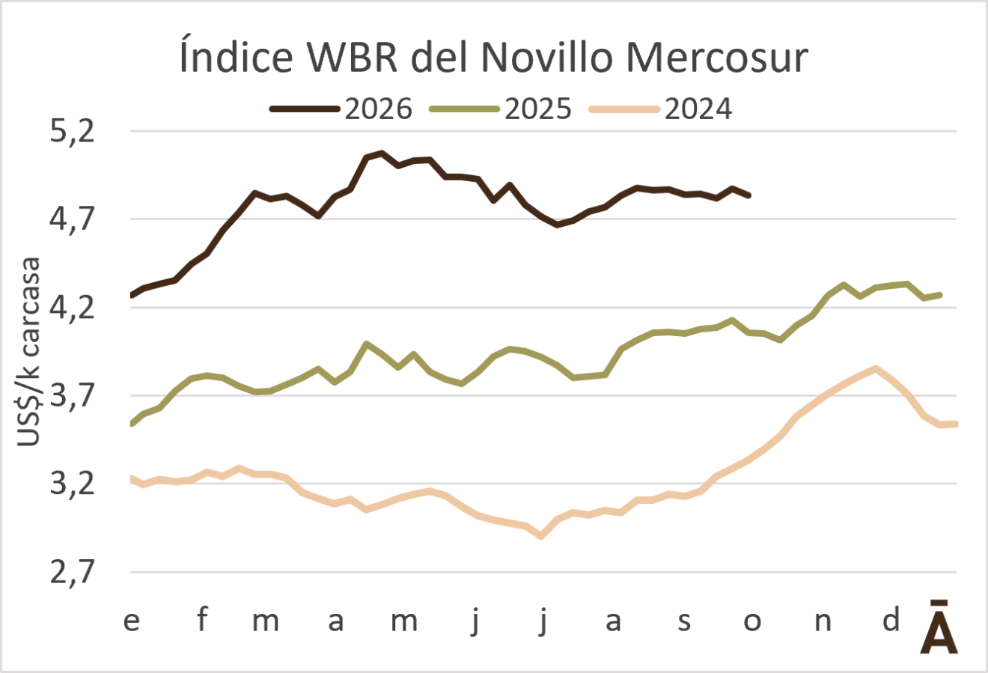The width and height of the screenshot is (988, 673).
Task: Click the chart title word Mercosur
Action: pyautogui.click(x=717, y=58)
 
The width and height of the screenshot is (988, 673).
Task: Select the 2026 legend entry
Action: pyautogui.click(x=341, y=109)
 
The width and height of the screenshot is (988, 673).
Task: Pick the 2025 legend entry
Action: pyautogui.click(x=501, y=109)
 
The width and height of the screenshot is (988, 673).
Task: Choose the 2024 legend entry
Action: pyautogui.click(x=661, y=109)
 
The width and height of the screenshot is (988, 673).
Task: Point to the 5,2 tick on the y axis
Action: pyautogui.click(x=73, y=132)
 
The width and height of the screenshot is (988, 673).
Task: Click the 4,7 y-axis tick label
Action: pyautogui.click(x=73, y=219)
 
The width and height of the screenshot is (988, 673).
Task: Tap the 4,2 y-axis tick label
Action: pyautogui.click(x=73, y=308)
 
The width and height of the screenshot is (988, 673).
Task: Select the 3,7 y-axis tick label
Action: pyautogui.click(x=73, y=395)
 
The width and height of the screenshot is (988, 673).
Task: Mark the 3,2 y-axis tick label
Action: pyautogui.click(x=73, y=484)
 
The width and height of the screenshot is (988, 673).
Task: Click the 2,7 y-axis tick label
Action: pyautogui.click(x=73, y=572)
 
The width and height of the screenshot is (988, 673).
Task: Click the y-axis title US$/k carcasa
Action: pyautogui.click(x=28, y=352)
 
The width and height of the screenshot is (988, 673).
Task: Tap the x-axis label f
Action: pyautogui.click(x=202, y=619)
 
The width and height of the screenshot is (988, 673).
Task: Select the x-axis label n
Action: pyautogui.click(x=823, y=621)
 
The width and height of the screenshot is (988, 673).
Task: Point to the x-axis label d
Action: pyautogui.click(x=891, y=618)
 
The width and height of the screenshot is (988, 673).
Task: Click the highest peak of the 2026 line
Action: pyautogui.click(x=382, y=153)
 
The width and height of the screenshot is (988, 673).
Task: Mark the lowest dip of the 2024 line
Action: pyautogui.click(x=542, y=536)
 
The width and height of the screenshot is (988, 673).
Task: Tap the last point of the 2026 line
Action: pyautogui.click(x=749, y=195)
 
